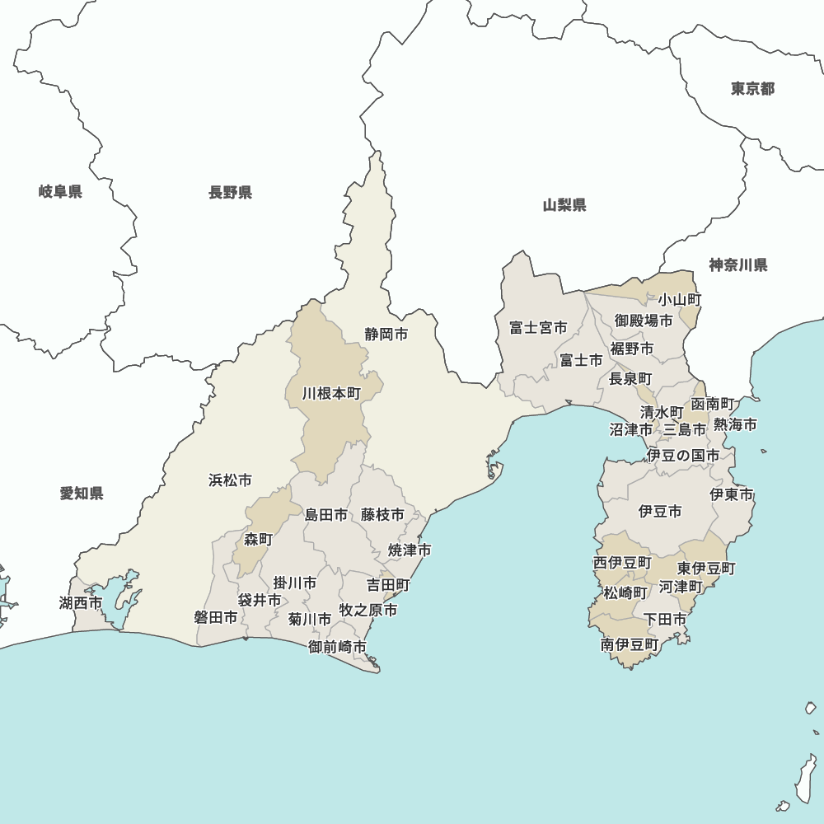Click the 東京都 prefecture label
(752, 89)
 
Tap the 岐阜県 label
(60, 193)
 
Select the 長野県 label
(230, 193)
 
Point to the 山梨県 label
(564, 205)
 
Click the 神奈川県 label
(738, 265)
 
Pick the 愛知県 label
(82, 494)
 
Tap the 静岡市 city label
(386, 335)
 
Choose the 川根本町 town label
(331, 394)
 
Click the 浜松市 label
(230, 480)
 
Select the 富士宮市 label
(538, 328)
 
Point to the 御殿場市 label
(644, 321)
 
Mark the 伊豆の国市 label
(682, 455)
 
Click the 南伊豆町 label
(630, 644)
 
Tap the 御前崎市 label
(338, 647)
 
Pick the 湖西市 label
(81, 603)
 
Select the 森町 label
(258, 540)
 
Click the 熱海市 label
(735, 425)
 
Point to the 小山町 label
(679, 299)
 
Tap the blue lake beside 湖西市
(115, 602)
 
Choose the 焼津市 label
(410, 550)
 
